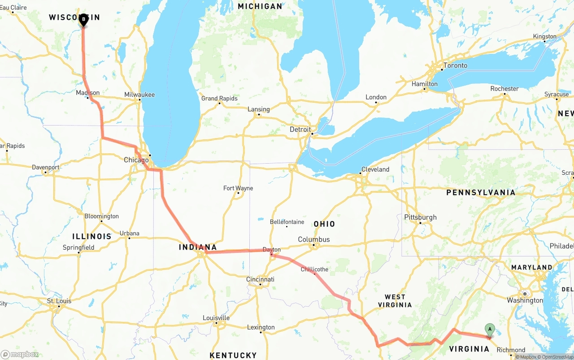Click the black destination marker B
(x=83, y=20)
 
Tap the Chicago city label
(x=136, y=160)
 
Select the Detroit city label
(x=300, y=130)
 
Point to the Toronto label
(x=455, y=65)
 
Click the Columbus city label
(x=314, y=239)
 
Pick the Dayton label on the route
(x=272, y=250)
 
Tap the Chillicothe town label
(x=314, y=269)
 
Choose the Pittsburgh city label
(x=420, y=217)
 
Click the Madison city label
(x=88, y=93)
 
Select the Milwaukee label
(x=139, y=95)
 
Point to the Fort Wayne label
(x=238, y=188)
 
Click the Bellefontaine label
(x=287, y=222)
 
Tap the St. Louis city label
(x=59, y=301)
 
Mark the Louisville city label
(x=216, y=318)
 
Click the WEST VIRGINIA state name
(x=395, y=301)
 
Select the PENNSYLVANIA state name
(x=481, y=192)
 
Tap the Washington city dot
(x=525, y=294)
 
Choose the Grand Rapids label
(x=219, y=99)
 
